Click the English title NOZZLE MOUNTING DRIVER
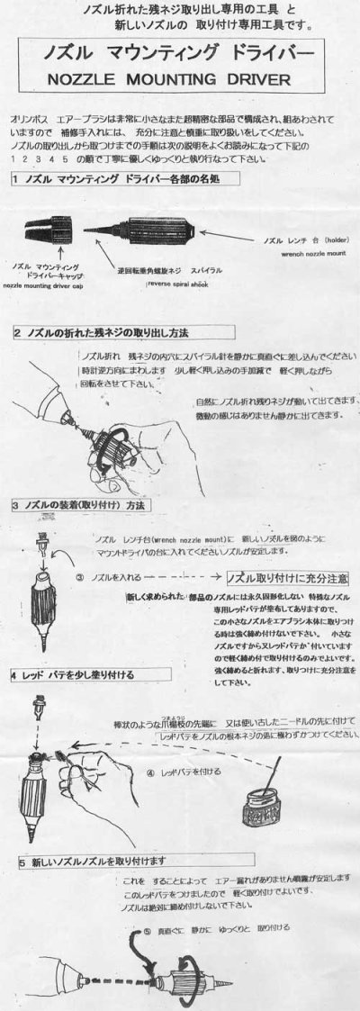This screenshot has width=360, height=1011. (180, 79)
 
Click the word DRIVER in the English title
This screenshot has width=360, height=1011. (257, 79)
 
